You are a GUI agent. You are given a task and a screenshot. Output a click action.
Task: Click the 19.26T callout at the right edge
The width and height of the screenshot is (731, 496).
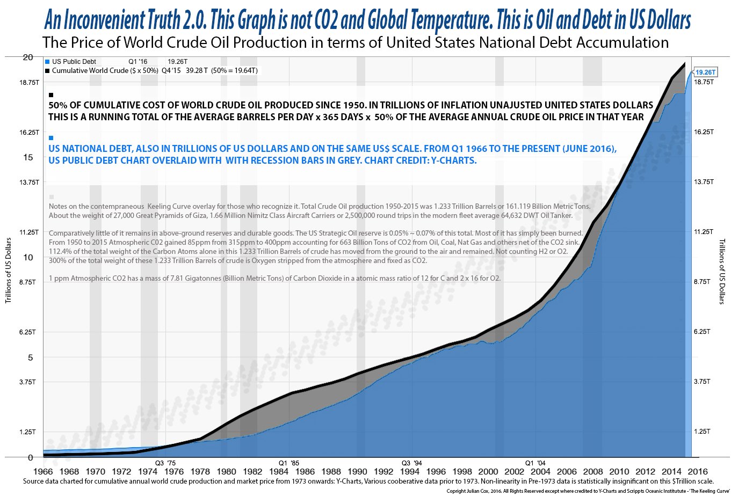click(x=705, y=72)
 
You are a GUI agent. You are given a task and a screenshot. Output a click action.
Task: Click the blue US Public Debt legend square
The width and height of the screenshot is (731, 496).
click(x=47, y=62)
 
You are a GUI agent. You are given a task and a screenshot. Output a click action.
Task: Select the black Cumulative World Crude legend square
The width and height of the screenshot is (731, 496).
click(x=47, y=71)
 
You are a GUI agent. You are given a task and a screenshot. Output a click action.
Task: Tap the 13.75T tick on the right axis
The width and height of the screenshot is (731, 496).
click(x=704, y=182)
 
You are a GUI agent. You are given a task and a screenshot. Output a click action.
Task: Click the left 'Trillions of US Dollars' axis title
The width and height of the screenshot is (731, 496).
click(x=8, y=272)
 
